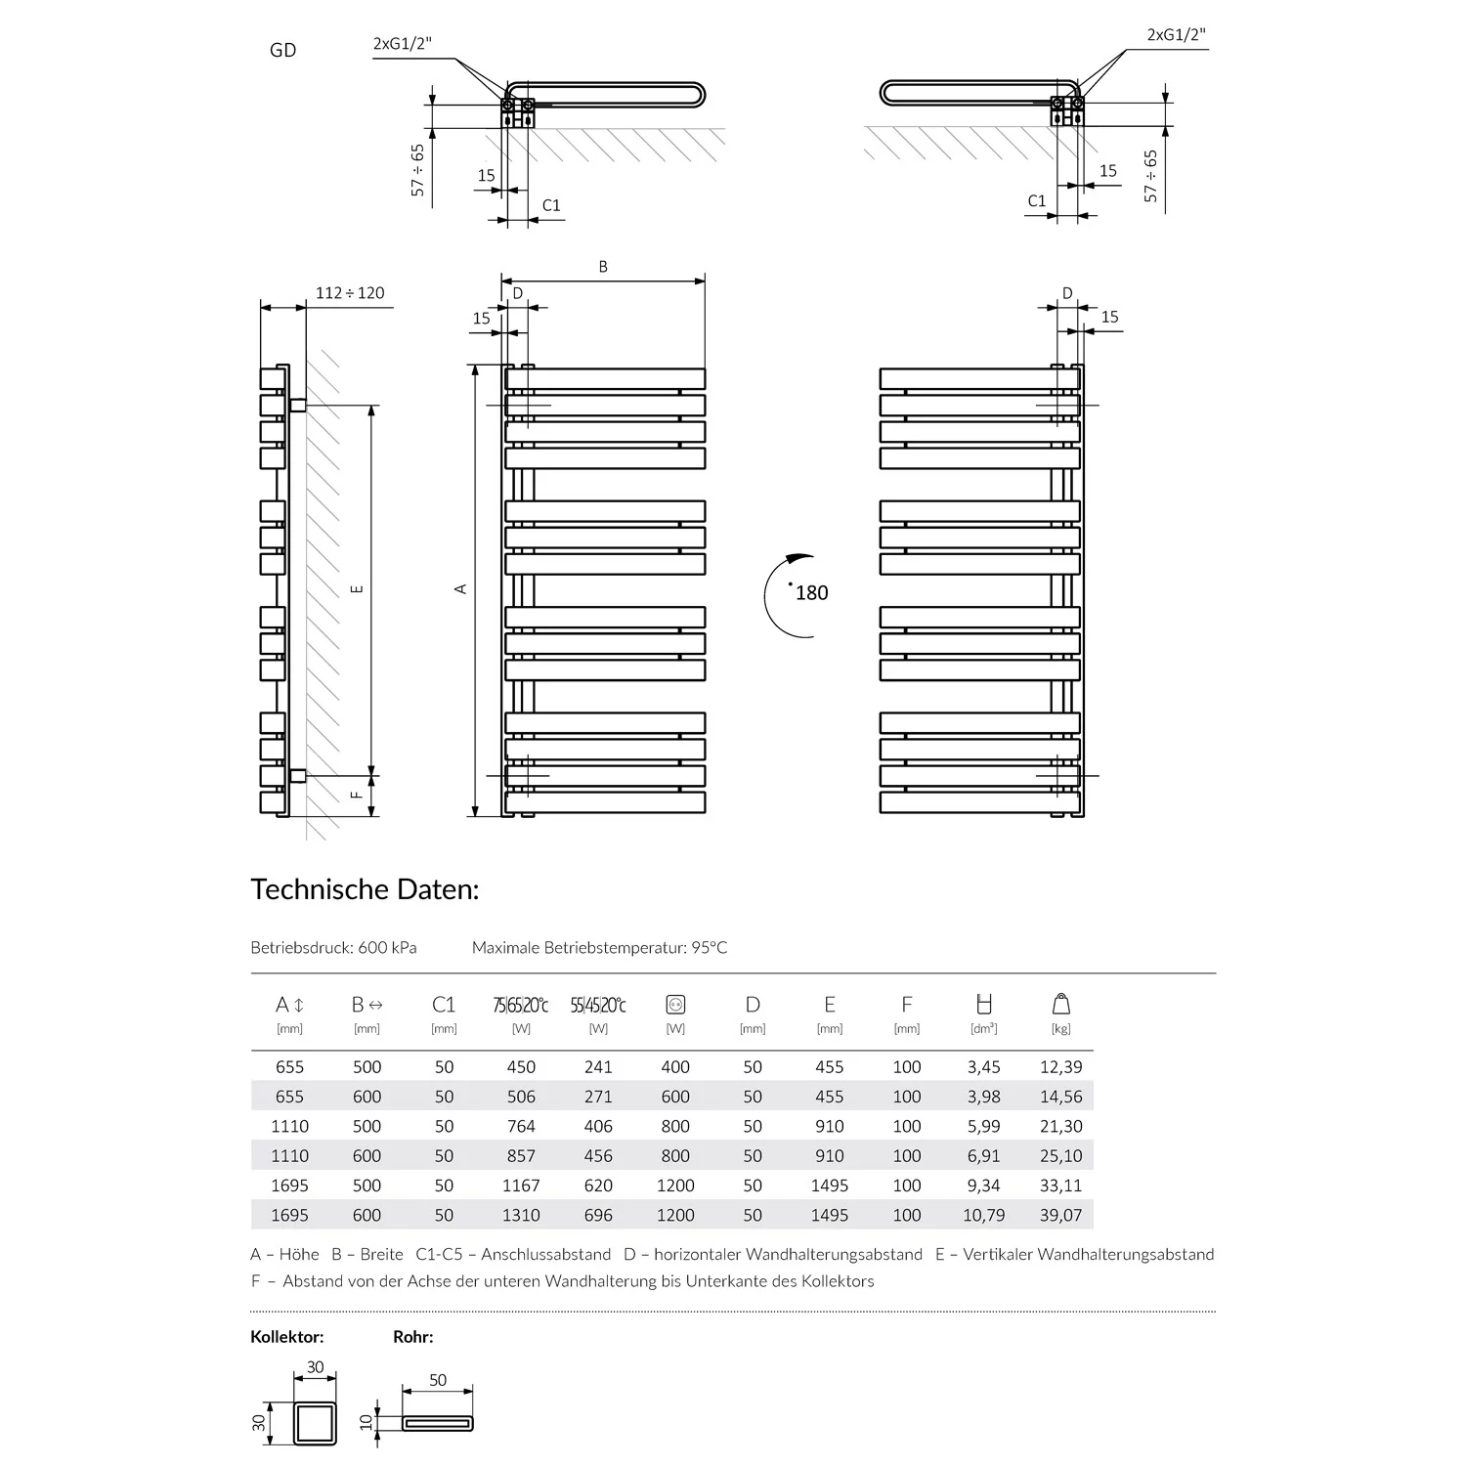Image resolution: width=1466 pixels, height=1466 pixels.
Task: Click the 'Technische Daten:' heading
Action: (x=365, y=889)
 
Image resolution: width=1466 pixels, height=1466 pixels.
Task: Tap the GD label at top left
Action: (x=282, y=51)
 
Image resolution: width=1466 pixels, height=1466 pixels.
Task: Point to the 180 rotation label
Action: (x=811, y=593)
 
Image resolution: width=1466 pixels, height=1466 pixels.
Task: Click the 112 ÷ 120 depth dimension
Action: (x=350, y=293)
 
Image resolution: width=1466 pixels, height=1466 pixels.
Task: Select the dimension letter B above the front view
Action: (x=603, y=267)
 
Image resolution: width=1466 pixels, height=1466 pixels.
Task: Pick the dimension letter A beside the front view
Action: (x=461, y=588)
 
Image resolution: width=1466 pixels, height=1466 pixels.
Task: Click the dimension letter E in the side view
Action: (x=358, y=588)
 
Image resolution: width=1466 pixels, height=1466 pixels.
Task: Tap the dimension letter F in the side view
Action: (x=358, y=795)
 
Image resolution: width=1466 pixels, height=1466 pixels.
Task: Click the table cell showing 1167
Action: (x=521, y=1186)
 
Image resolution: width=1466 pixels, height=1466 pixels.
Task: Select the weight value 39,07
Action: (x=1060, y=1215)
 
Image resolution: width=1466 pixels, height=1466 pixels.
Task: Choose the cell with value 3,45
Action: (x=984, y=1067)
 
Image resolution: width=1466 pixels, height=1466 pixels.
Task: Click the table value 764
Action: (x=521, y=1126)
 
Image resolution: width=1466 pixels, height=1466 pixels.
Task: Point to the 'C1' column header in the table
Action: (x=444, y=1005)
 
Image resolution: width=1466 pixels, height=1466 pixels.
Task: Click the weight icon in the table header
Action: (x=1061, y=1004)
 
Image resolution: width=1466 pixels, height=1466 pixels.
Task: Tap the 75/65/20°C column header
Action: (x=521, y=1006)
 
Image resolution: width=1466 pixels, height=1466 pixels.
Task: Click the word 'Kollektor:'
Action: (x=287, y=1337)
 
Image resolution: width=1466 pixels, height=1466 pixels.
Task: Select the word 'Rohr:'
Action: (x=413, y=1337)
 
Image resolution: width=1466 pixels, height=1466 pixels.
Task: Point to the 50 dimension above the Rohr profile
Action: (x=438, y=1380)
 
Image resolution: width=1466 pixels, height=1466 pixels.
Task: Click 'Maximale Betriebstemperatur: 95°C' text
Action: (x=599, y=947)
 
